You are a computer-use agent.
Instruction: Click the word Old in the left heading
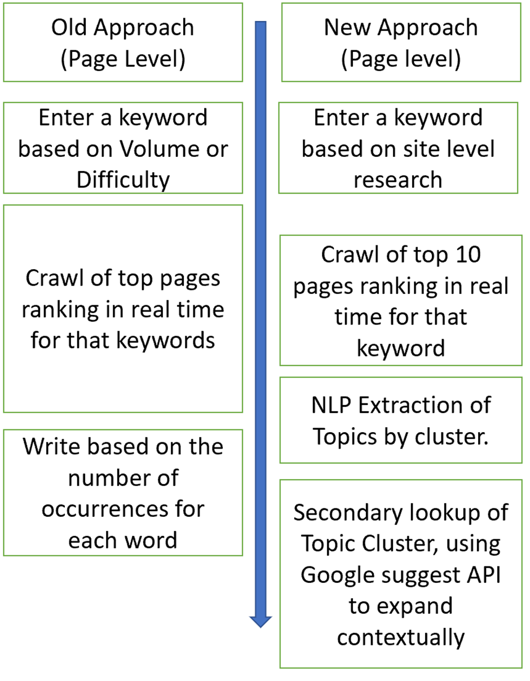pyautogui.click(x=69, y=27)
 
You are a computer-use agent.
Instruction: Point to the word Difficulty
pyautogui.click(x=123, y=180)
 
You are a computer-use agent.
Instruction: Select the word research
pyautogui.click(x=398, y=180)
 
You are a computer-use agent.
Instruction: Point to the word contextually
pyautogui.click(x=401, y=637)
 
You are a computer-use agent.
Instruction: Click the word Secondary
pyautogui.click(x=348, y=513)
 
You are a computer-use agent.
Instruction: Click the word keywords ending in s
pyautogui.click(x=166, y=340)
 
